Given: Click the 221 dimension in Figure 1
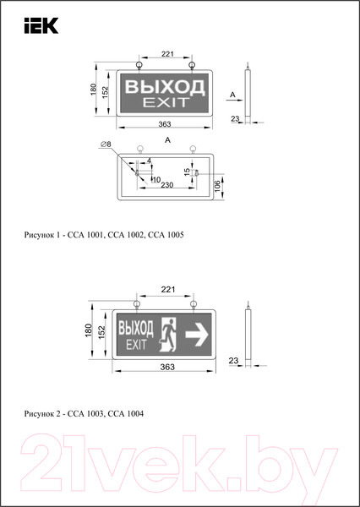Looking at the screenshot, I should pyautogui.click(x=166, y=55).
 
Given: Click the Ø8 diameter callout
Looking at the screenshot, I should pyautogui.click(x=106, y=145).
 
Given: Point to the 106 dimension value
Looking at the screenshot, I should pyautogui.click(x=219, y=185).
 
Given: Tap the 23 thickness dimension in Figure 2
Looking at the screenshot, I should pyautogui.click(x=234, y=362).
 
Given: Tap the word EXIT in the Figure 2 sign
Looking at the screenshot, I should pyautogui.click(x=136, y=345).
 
